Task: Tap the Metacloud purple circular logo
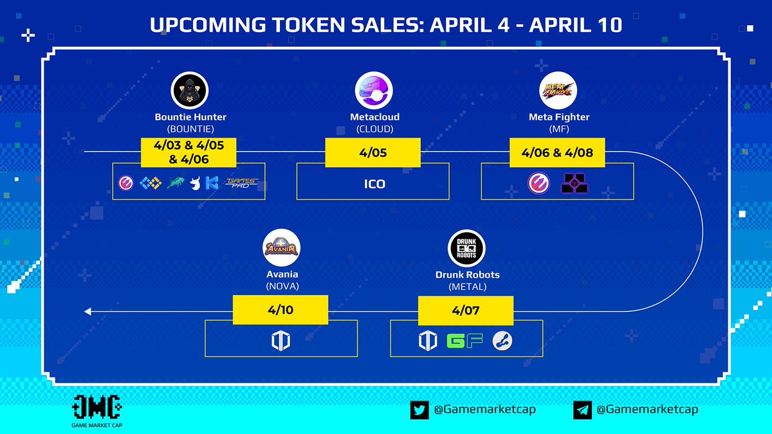pos(374,89)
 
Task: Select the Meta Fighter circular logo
pos(558,89)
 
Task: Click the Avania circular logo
pos(282,248)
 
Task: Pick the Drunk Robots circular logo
pos(466,248)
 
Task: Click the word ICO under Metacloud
pos(374,184)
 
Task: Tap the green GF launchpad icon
pos(464,341)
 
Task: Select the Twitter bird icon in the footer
pos(419,410)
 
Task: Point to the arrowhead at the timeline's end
pos(87,312)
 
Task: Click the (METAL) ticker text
pos(466,286)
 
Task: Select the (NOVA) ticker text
pos(282,286)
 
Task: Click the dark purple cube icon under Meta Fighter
pos(575,184)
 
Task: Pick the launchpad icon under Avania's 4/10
pos(280,341)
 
